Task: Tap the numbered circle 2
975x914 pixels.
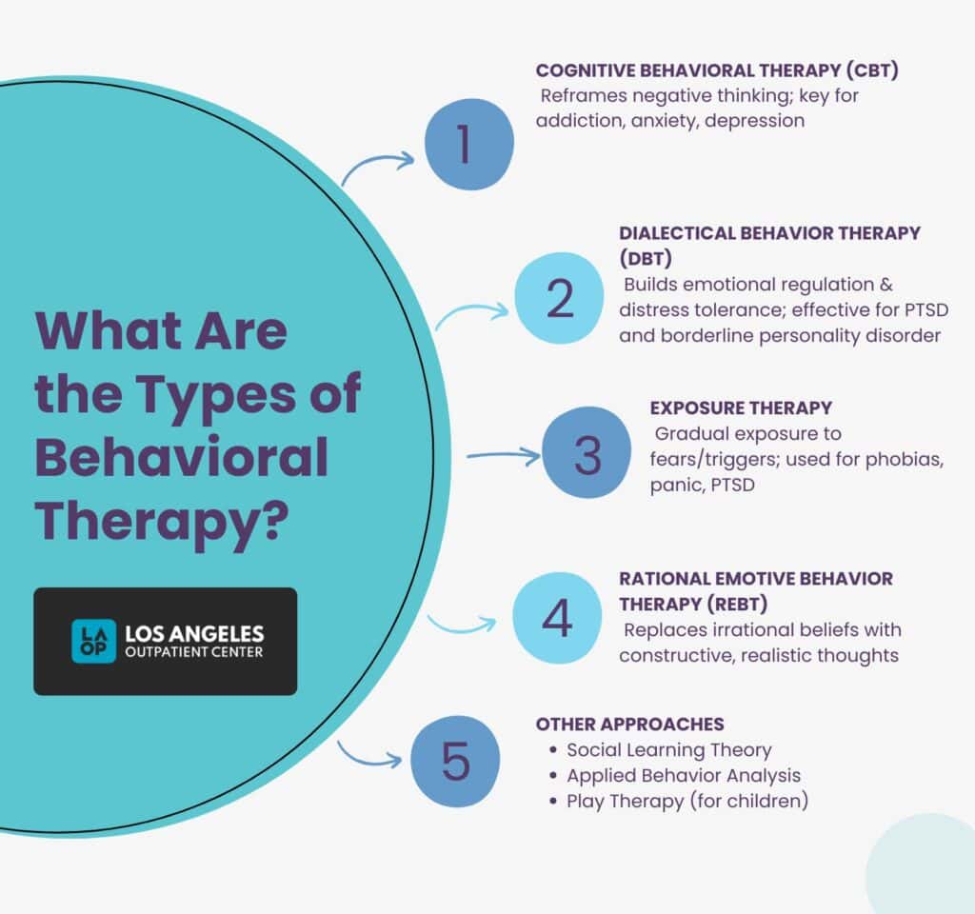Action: [x=560, y=298]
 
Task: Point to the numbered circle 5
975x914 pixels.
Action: [x=455, y=763]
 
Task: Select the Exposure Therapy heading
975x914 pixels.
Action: [x=741, y=407]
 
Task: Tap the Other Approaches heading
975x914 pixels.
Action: [x=622, y=724]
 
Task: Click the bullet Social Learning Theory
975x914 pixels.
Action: [x=669, y=749]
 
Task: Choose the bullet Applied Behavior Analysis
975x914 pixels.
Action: [x=684, y=775]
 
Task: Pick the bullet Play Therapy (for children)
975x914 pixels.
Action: [x=687, y=801]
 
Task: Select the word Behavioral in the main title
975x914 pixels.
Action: [x=182, y=458]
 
